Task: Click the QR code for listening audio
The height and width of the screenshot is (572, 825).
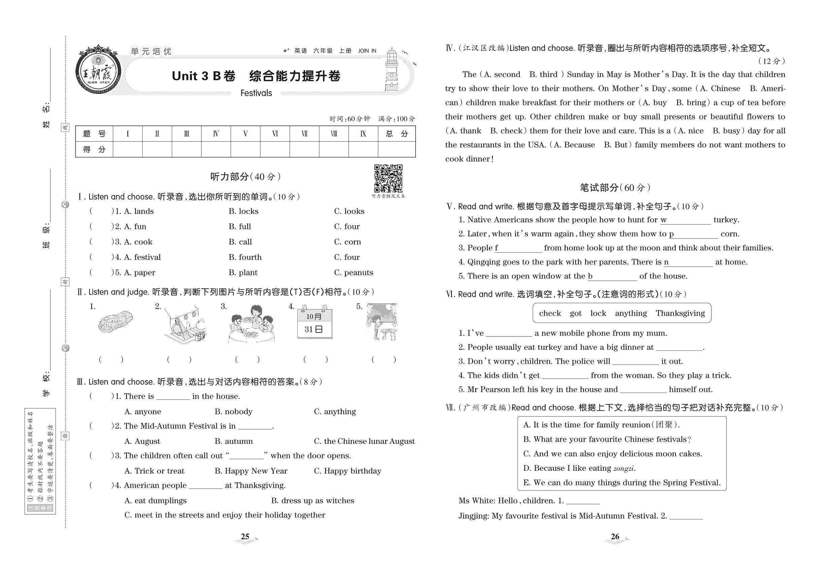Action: [388, 178]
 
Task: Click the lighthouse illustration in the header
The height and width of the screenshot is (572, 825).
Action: [392, 70]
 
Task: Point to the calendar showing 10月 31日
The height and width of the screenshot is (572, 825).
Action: [315, 322]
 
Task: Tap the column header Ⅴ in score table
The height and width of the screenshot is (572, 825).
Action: [245, 134]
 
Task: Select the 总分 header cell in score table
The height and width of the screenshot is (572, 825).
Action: [396, 134]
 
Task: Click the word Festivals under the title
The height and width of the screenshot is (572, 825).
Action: [256, 93]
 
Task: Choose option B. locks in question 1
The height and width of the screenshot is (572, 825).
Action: [243, 211]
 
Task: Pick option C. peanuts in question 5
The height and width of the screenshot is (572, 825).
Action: [353, 273]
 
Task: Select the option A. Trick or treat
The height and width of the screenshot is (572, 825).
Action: [154, 471]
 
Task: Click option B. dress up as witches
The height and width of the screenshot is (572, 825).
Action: [312, 500]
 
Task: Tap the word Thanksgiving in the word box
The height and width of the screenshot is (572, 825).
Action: [680, 313]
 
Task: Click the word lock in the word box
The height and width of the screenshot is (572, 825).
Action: [598, 313]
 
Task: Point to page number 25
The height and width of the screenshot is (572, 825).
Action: [245, 536]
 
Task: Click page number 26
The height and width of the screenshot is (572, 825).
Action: [615, 536]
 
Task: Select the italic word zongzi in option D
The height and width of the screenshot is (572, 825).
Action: [624, 468]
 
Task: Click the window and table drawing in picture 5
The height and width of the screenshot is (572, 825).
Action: [381, 321]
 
